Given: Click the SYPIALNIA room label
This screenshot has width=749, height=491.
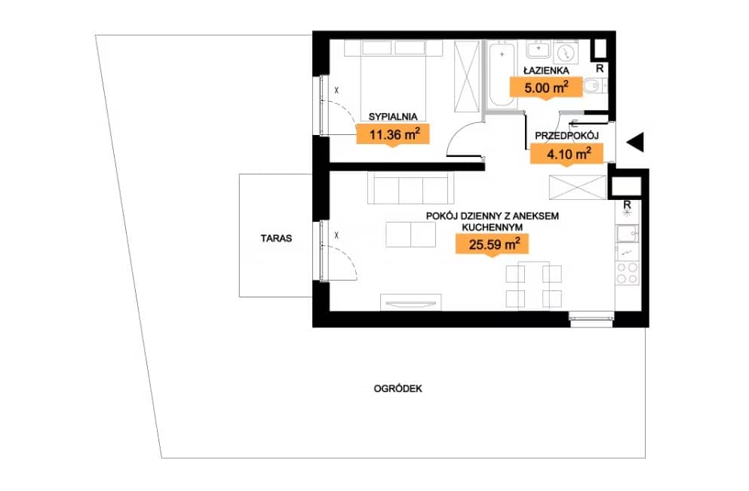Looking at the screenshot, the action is click(x=393, y=117).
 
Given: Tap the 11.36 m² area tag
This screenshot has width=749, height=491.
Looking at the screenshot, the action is click(x=393, y=134).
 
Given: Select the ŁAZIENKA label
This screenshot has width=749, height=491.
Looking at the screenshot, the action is click(x=546, y=70).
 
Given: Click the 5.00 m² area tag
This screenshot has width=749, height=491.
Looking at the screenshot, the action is click(x=546, y=87).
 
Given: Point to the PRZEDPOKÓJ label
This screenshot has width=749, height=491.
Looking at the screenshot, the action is click(x=566, y=136).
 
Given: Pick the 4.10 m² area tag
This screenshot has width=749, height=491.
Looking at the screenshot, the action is click(x=567, y=154).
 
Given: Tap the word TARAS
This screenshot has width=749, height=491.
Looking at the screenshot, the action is click(x=276, y=238).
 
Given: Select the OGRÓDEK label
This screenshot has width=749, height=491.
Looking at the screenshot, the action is click(x=398, y=388).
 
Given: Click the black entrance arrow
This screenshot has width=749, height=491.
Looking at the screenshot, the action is click(x=637, y=142).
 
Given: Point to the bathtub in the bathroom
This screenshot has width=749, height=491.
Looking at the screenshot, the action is click(x=502, y=75).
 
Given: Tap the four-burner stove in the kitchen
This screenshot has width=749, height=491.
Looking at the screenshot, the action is click(x=628, y=273).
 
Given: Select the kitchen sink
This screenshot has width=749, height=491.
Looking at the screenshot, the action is click(x=628, y=234).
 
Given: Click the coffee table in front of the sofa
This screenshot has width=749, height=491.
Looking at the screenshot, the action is click(x=411, y=235).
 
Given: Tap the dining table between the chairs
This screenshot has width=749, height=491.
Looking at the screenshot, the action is click(x=533, y=285).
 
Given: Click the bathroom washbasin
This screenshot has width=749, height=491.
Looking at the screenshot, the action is click(x=539, y=49).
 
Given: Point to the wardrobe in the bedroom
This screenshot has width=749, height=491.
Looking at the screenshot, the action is click(x=466, y=76).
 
